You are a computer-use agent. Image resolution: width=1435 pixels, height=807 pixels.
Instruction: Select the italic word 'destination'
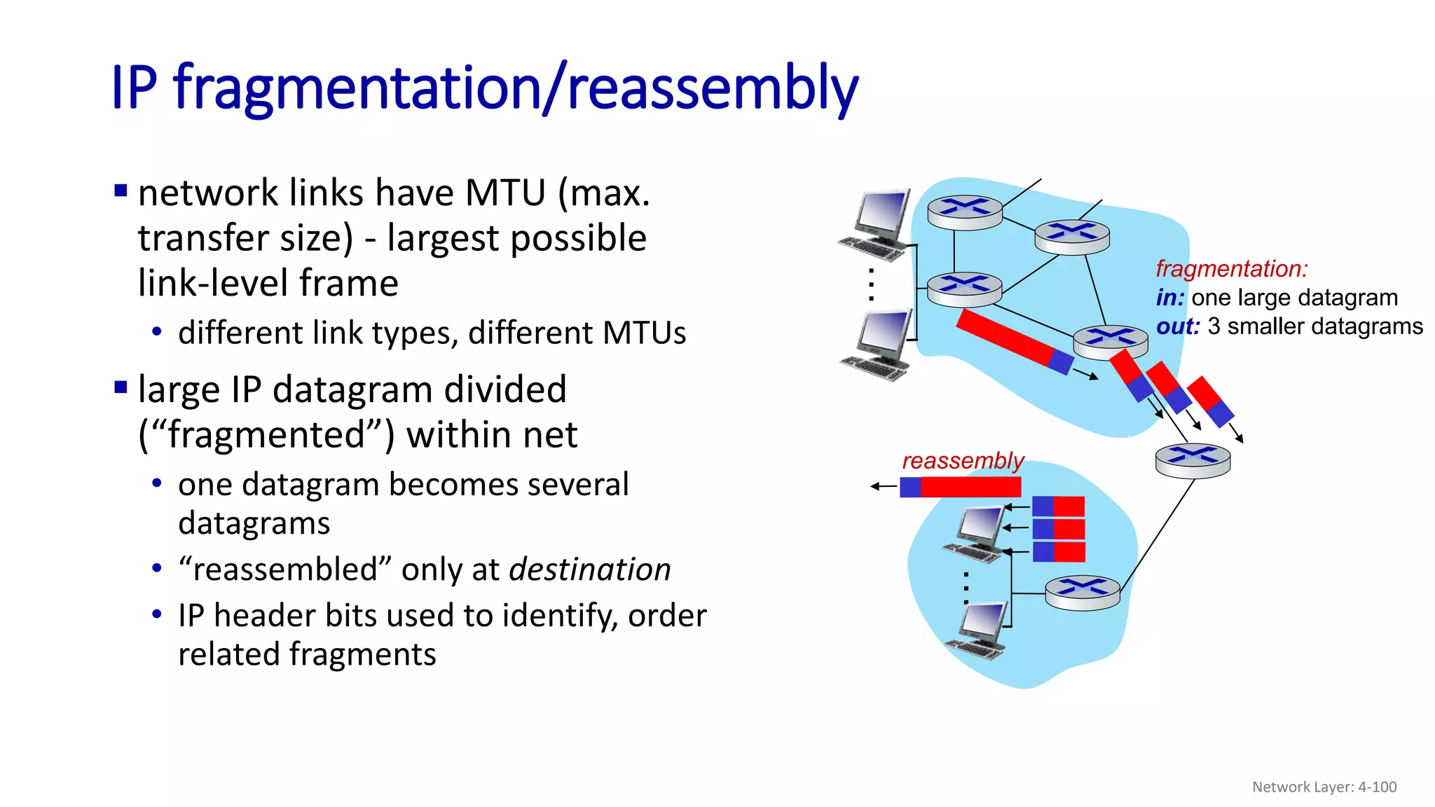(x=589, y=570)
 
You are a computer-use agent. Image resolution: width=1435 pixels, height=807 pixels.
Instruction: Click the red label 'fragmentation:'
(x=1231, y=269)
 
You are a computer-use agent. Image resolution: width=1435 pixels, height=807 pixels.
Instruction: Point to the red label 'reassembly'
(x=963, y=461)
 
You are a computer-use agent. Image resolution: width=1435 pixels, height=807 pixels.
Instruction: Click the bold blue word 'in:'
(x=1169, y=298)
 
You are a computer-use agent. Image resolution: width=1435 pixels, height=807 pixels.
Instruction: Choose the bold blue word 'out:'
(x=1177, y=326)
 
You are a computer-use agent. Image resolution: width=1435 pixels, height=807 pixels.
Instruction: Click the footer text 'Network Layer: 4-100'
(x=1324, y=787)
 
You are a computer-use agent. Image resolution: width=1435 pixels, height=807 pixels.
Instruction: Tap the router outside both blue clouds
(x=1193, y=460)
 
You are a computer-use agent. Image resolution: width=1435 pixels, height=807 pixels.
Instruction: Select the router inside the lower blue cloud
(x=1082, y=593)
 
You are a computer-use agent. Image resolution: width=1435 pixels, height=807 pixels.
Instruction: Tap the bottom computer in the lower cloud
(x=978, y=630)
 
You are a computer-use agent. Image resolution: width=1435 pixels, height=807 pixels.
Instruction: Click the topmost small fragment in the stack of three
(x=1058, y=506)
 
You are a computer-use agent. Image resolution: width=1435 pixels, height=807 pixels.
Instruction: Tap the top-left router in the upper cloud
(x=965, y=212)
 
